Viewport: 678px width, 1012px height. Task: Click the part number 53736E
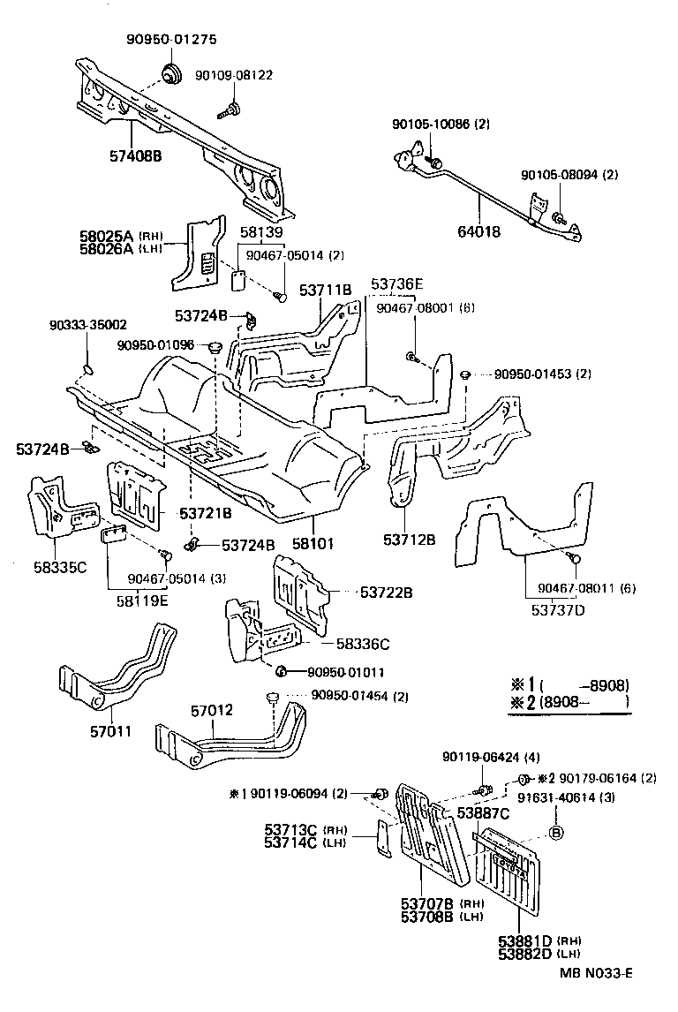[x=397, y=283]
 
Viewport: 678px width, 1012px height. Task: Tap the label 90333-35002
[x=87, y=324]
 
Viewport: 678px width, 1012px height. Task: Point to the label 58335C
[x=61, y=566]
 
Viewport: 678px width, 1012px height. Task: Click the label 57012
[x=213, y=708]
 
